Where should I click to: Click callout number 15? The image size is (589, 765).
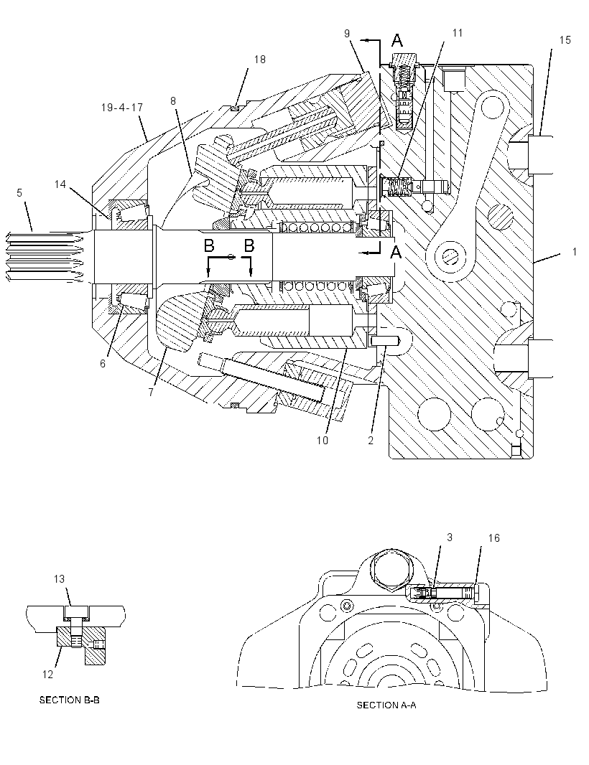565,40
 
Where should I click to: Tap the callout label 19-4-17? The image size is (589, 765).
122,107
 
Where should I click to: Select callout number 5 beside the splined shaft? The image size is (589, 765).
19,193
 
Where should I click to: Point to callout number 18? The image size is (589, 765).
260,59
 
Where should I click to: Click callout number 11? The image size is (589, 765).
457,33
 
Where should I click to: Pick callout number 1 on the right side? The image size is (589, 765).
575,251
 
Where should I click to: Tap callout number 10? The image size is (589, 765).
323,440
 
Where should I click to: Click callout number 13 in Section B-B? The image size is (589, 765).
59,578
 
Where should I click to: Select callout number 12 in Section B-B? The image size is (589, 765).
47,675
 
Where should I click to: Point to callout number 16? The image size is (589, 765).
493,538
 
